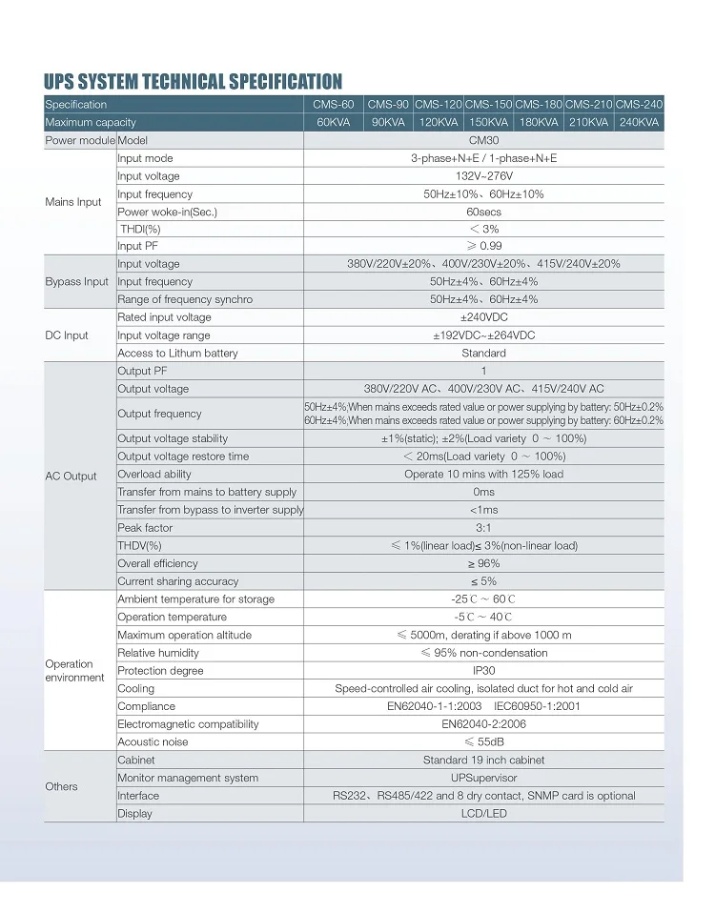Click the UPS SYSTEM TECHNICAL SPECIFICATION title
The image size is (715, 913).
click(x=193, y=81)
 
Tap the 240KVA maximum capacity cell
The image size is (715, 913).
click(x=639, y=122)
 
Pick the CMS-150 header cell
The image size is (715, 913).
click(x=489, y=104)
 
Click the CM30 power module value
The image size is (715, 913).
click(x=483, y=140)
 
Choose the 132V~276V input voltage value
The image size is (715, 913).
click(x=483, y=176)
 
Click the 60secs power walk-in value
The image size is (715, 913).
click(x=483, y=212)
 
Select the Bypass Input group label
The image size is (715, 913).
click(x=77, y=282)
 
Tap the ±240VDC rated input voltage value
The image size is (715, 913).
click(x=483, y=317)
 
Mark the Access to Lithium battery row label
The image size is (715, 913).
click(x=177, y=353)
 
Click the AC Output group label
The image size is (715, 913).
click(x=71, y=477)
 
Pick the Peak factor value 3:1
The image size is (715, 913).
click(x=483, y=528)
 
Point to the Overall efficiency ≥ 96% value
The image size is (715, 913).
click(x=483, y=563)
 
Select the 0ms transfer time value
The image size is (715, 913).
click(x=483, y=492)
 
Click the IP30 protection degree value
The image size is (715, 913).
click(x=483, y=671)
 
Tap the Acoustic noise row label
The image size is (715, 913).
click(x=153, y=742)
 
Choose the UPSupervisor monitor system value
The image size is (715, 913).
click(x=483, y=778)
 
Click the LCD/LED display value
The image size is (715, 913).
click(x=483, y=814)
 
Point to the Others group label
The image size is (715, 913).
click(x=62, y=787)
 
